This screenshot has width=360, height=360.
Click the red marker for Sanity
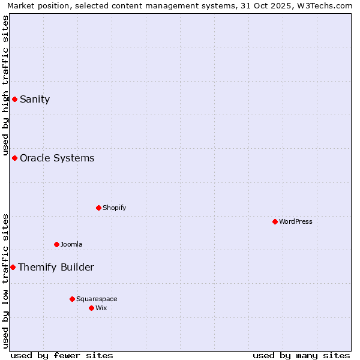point(14,99)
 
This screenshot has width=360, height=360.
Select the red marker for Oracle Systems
point(14,158)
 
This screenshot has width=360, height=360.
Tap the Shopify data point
point(98,208)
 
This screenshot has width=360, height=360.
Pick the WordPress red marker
point(275,221)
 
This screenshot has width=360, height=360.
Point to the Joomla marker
point(56,244)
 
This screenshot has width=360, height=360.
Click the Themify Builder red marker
point(13,267)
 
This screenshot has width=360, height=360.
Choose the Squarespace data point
point(72,299)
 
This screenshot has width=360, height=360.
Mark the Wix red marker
point(91,308)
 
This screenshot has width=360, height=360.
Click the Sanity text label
point(35,100)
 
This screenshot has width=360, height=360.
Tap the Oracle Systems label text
point(57,158)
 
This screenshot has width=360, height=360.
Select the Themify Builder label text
point(56,268)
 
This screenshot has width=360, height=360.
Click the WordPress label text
point(296,222)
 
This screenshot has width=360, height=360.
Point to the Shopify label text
point(114,208)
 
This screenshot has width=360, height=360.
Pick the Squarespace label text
point(97,299)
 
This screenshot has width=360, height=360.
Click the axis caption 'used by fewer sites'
point(62,355)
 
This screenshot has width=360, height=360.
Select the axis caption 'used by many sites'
point(301,355)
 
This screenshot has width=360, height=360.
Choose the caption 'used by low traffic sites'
point(6,281)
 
